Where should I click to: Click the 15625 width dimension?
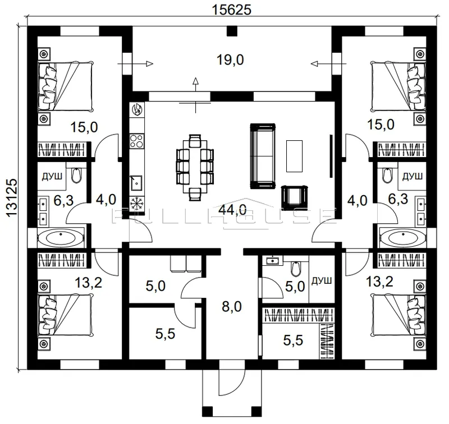pyautogui.click(x=231, y=10)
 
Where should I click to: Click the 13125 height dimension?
pyautogui.click(x=11, y=199)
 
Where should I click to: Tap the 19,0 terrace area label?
pyautogui.click(x=230, y=61)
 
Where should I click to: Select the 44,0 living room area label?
pyautogui.click(x=232, y=210)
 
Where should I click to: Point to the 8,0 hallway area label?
pyautogui.click(x=232, y=306)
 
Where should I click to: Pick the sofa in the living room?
pyautogui.click(x=263, y=156)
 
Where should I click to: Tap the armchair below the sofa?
pyautogui.click(x=295, y=196)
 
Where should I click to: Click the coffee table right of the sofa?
pyautogui.click(x=294, y=156)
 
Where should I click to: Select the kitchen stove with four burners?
pyautogui.click(x=136, y=141)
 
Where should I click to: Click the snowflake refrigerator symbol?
pyautogui.click(x=136, y=204)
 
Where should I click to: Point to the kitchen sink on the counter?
pyautogui.click(x=137, y=182)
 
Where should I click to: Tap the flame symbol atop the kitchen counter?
pyautogui.click(x=137, y=109)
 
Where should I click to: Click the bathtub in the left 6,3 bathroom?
pyautogui.click(x=61, y=237)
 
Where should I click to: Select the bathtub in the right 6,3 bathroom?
pyautogui.click(x=402, y=237)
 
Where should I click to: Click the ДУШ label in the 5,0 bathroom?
pyautogui.click(x=322, y=280)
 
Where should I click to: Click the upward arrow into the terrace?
pyautogui.click(x=195, y=85)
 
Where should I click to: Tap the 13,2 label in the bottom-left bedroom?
pyautogui.click(x=89, y=283)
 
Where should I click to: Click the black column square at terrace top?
pyautogui.click(x=232, y=31)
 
